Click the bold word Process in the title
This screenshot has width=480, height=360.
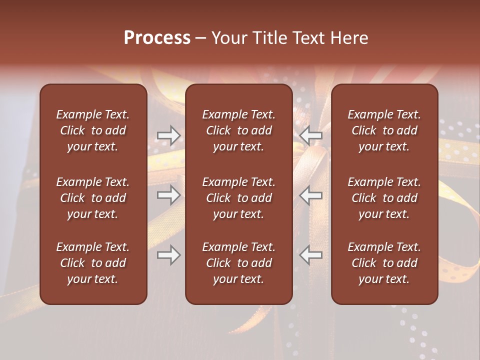click(157, 38)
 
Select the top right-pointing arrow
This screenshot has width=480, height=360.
click(169, 135)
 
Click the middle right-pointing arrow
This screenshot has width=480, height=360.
click(169, 195)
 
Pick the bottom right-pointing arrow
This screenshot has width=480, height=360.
click(169, 255)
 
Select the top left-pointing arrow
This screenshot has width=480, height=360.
click(311, 135)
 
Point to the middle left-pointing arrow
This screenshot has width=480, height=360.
click(311, 195)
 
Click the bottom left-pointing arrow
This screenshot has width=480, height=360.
click(311, 255)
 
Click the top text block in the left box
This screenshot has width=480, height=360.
click(93, 130)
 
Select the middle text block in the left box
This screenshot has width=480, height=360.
click(93, 198)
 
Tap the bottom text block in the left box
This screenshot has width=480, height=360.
click(93, 263)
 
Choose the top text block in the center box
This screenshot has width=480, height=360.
click(238, 130)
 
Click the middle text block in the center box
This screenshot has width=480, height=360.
click(238, 198)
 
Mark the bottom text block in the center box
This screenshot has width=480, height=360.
click(238, 263)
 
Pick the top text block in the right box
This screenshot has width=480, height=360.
click(384, 130)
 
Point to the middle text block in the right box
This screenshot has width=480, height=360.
click(384, 198)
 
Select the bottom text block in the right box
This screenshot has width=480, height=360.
click(384, 263)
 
